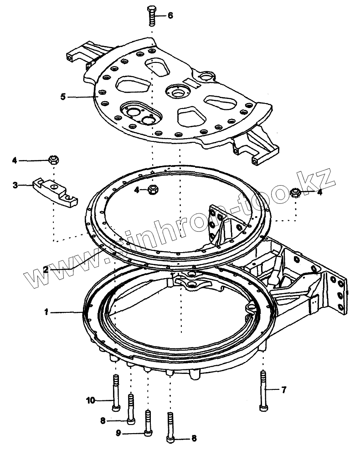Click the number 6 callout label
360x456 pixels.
point(170,16)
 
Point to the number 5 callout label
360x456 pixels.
point(63,97)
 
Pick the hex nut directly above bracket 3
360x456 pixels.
point(53,160)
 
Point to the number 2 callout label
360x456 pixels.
point(46,269)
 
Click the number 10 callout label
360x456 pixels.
point(90,401)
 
